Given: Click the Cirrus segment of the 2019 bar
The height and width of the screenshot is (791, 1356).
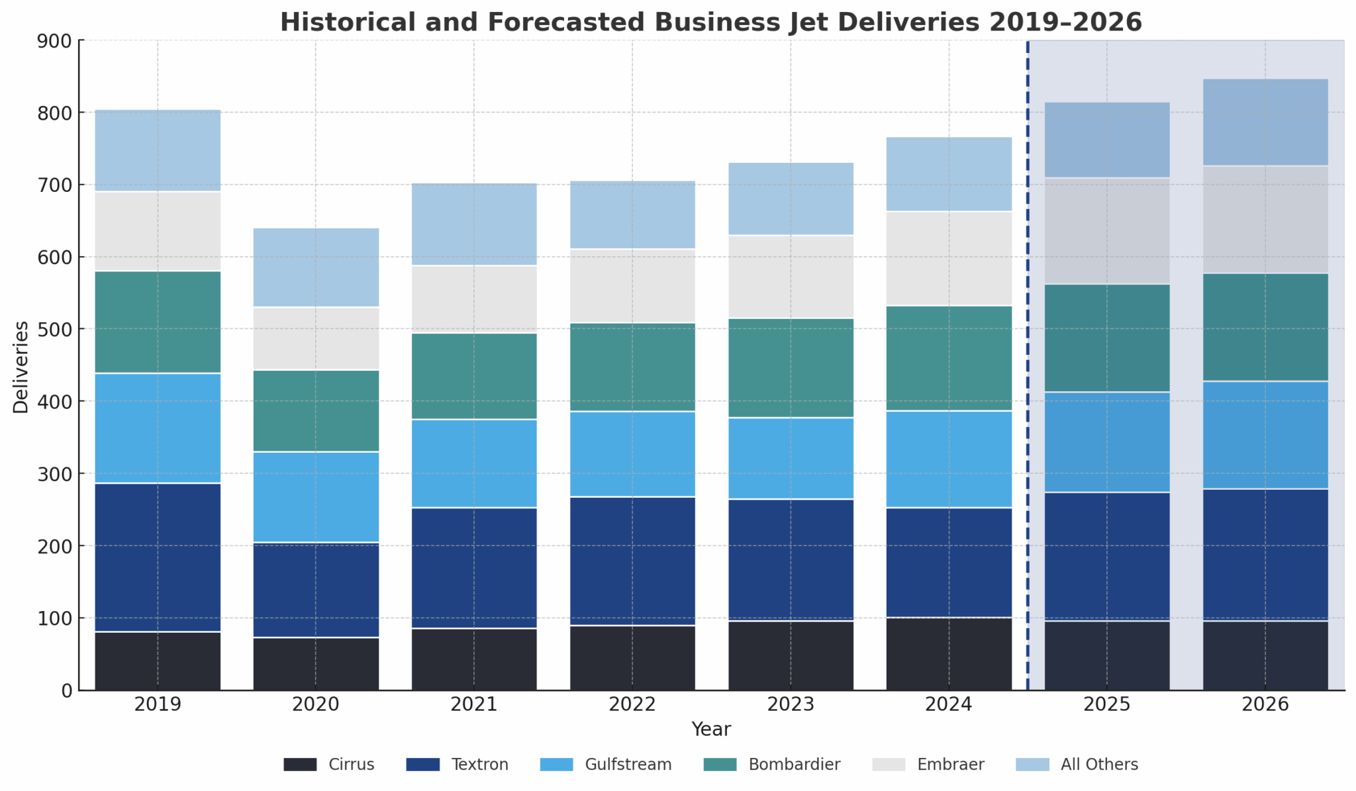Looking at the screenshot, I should [x=158, y=661].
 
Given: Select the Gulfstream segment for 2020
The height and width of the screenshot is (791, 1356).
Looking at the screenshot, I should [x=316, y=496].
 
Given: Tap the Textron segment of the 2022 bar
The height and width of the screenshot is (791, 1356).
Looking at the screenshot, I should [x=632, y=561].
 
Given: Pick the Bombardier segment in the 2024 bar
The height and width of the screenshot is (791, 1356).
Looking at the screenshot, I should [x=949, y=358].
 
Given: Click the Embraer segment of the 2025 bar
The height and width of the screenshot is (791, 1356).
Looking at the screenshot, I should [x=1107, y=230].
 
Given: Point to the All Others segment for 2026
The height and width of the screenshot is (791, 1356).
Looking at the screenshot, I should [x=1265, y=122].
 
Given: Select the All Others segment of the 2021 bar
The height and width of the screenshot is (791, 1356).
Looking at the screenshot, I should [x=474, y=224].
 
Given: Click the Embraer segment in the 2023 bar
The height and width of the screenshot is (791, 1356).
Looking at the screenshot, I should [x=791, y=277].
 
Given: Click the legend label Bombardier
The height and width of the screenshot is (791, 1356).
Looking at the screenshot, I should [x=794, y=765].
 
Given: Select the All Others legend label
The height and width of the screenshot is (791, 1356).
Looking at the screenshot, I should [x=1099, y=765].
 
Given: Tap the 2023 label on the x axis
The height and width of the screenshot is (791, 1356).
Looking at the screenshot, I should [x=791, y=704].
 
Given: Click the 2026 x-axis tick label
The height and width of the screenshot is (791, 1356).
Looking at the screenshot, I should [x=1265, y=704].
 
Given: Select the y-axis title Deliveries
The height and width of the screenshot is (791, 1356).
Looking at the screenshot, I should [x=21, y=367].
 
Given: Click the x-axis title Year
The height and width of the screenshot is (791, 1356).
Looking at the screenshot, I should [x=711, y=729].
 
